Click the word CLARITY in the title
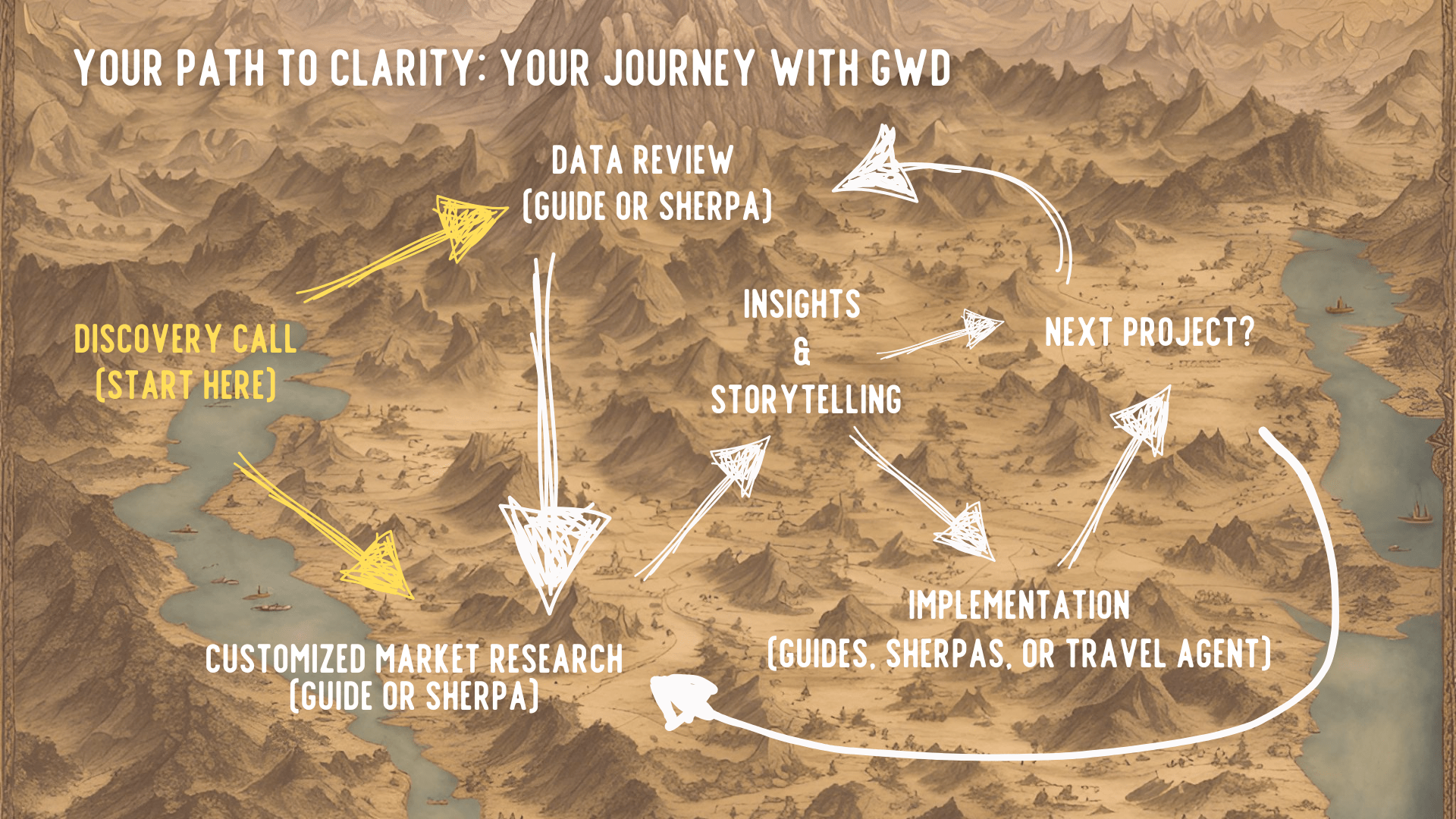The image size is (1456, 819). pos(403,68)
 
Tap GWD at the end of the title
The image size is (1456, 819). pos(910,68)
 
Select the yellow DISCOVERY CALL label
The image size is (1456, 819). pos(185,339)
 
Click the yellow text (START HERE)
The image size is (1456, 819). pos(186,385)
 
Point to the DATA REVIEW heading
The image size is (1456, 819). pos(642,161)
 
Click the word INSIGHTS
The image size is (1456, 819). pos(802,304)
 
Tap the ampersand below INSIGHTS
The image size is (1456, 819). pos(802,352)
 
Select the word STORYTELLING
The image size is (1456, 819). pos(806,400)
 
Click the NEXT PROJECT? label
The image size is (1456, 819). pos(1150,332)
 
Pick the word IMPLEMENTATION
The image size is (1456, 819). pos(1019,605)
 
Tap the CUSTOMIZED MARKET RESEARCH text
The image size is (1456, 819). pos(414,659)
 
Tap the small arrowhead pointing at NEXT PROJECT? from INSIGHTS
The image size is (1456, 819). pos(981,328)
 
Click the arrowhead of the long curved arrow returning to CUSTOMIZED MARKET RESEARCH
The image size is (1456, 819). pos(680,699)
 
